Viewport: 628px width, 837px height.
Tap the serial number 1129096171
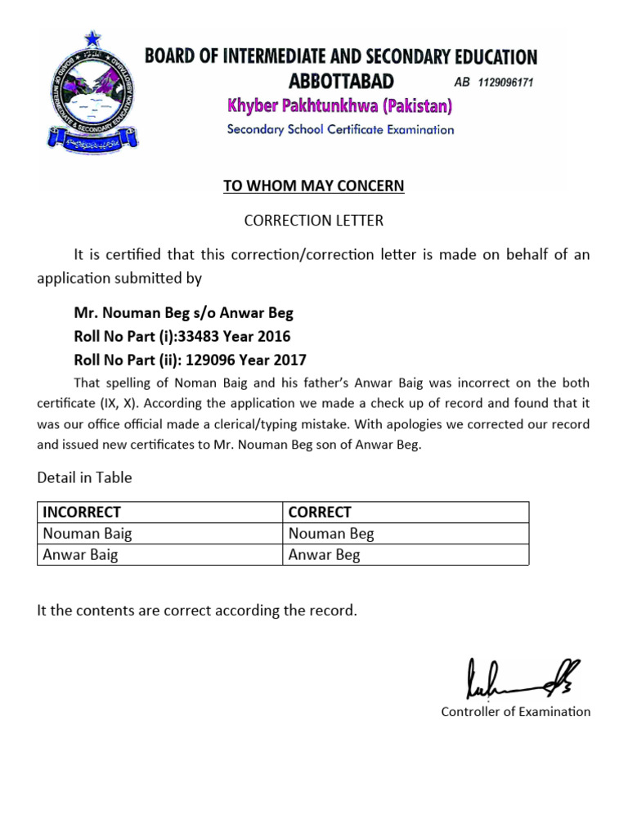(x=505, y=83)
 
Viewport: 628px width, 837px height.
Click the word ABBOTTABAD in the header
(x=341, y=81)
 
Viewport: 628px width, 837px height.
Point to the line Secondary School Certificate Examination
(x=340, y=129)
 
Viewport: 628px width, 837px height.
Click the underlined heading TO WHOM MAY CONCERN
(x=314, y=186)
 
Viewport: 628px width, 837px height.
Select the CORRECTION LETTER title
(x=314, y=221)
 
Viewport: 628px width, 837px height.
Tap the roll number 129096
(x=210, y=360)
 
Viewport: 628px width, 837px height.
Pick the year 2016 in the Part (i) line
(x=275, y=336)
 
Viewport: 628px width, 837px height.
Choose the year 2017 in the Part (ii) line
(x=290, y=360)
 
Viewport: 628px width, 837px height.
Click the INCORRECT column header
(x=82, y=512)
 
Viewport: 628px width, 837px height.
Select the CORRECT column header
(x=320, y=512)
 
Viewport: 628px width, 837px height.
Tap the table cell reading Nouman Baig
(x=87, y=534)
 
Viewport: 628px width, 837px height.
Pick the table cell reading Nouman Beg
(x=331, y=534)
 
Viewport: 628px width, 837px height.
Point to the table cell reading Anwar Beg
(x=324, y=555)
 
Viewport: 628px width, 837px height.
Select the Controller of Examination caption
(x=515, y=712)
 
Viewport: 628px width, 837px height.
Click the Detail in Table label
(x=84, y=477)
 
